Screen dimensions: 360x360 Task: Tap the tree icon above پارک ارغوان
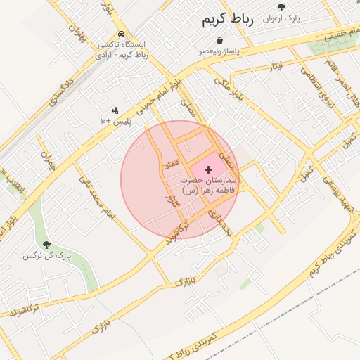(281, 7)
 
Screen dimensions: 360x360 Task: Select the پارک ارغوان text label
(281, 18)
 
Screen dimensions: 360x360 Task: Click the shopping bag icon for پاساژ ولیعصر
(220, 41)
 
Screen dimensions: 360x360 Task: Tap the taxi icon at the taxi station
(122, 33)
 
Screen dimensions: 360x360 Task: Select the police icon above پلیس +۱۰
(115, 110)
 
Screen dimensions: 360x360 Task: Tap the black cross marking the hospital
(208, 169)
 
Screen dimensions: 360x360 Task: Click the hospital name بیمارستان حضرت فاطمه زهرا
(210, 186)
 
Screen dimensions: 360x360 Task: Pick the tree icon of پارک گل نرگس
(46, 245)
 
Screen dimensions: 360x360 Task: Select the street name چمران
(47, 160)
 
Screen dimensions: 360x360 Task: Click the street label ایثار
(276, 66)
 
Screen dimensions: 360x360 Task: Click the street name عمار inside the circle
(172, 162)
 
